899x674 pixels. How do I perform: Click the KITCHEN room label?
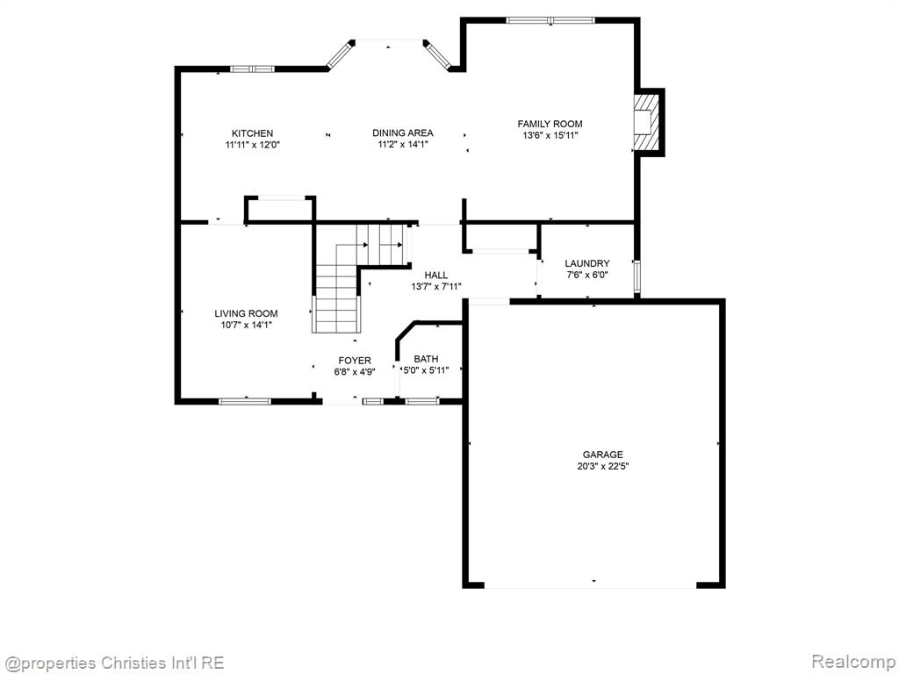tap(252, 133)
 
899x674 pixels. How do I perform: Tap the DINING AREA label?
tap(402, 133)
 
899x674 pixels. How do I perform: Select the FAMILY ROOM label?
tap(550, 124)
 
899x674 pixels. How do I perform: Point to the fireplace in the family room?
tap(647, 121)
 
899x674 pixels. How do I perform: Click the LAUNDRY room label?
tap(587, 263)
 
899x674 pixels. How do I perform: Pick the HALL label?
tap(436, 275)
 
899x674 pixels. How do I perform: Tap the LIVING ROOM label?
tap(246, 313)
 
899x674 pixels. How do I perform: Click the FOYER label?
tap(355, 361)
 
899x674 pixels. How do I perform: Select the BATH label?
tap(426, 359)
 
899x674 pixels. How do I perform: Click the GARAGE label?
tap(602, 455)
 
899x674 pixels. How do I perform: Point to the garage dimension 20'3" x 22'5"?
tap(602, 466)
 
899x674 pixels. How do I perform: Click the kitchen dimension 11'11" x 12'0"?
tap(252, 145)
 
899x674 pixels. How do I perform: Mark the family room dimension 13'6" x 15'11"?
tap(550, 135)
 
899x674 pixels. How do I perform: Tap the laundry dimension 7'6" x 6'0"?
tap(587, 275)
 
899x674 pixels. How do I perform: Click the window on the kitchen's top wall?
tap(252, 69)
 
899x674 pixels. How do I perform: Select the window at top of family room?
tap(550, 21)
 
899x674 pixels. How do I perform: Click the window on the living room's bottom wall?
tap(245, 401)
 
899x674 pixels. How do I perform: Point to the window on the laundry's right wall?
tap(636, 278)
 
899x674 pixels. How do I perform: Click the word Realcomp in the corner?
tap(853, 662)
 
